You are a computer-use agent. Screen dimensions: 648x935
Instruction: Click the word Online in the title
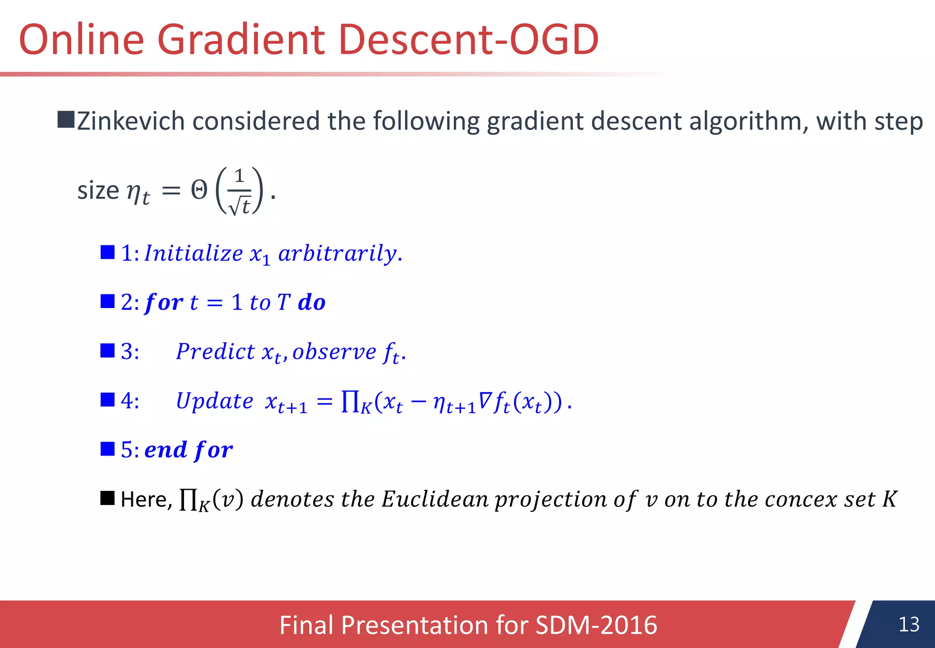tap(81, 40)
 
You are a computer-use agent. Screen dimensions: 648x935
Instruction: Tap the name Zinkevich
tap(131, 122)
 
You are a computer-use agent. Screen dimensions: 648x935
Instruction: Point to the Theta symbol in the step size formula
tap(199, 190)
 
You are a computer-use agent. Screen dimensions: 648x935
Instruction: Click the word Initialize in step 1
tap(194, 253)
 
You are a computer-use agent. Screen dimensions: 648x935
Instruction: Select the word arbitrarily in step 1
tap(338, 253)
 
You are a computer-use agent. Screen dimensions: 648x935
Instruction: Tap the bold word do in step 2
tap(311, 303)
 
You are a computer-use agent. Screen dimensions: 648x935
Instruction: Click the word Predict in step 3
tap(215, 351)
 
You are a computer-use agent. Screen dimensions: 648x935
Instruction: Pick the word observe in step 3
tap(334, 351)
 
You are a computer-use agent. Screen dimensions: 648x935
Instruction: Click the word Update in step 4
tap(215, 401)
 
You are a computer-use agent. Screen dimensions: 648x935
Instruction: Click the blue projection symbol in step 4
tap(350, 402)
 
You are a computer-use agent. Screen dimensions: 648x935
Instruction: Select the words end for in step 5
tap(189, 450)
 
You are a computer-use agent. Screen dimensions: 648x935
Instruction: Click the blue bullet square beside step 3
tap(107, 351)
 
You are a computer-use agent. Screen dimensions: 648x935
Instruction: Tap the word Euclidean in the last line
tap(435, 499)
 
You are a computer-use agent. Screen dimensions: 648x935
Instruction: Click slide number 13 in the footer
tap(909, 624)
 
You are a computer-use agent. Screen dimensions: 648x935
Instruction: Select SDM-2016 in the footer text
tap(596, 625)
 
